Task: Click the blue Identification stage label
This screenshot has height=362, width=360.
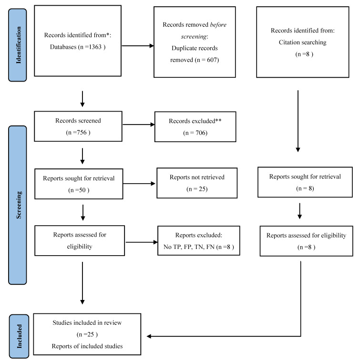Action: pyautogui.click(x=18, y=45)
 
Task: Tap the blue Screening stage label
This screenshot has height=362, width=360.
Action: pyautogui.click(x=18, y=205)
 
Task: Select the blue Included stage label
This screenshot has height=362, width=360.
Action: pyautogui.click(x=19, y=336)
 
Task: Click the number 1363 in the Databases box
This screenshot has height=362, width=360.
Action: pyautogui.click(x=95, y=47)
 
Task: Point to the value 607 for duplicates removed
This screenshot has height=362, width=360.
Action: pyautogui.click(x=212, y=60)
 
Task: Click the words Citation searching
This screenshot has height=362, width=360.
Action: pyautogui.click(x=302, y=42)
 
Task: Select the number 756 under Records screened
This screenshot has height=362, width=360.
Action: pyautogui.click(x=82, y=132)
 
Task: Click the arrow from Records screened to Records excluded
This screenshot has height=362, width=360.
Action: pyautogui.click(x=139, y=124)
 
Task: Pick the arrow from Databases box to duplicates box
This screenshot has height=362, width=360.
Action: pyautogui.click(x=138, y=46)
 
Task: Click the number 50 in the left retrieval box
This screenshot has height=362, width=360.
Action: pyautogui.click(x=82, y=190)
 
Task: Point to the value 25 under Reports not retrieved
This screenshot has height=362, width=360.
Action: pyautogui.click(x=202, y=189)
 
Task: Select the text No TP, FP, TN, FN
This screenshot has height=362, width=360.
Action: pyautogui.click(x=189, y=247)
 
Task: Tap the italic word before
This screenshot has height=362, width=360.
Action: pyautogui.click(x=218, y=24)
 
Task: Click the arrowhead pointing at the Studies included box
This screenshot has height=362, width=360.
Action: pyautogui.click(x=149, y=336)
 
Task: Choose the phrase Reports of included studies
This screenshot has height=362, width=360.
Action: pyautogui.click(x=87, y=346)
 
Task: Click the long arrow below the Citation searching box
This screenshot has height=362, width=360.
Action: pyautogui.click(x=298, y=121)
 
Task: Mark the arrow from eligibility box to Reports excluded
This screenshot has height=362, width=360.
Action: pyautogui.click(x=142, y=242)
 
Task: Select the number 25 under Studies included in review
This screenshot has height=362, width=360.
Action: pyautogui.click(x=91, y=334)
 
